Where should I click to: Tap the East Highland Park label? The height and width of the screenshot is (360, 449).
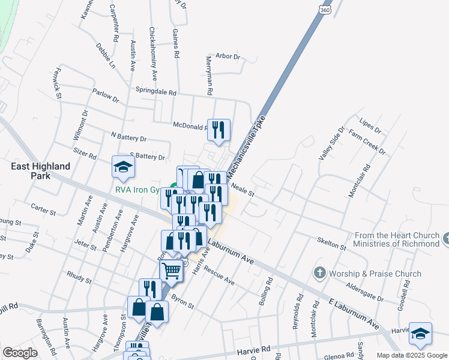click(x=43, y=171)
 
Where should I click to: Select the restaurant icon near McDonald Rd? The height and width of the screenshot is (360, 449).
click(x=217, y=129)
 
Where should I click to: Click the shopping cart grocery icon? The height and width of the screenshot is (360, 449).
click(x=172, y=271)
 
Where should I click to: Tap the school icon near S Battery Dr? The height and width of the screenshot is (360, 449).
click(x=123, y=167)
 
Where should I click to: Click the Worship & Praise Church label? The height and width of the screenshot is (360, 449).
click(x=376, y=274)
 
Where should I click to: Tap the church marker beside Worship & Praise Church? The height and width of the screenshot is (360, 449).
click(x=319, y=274)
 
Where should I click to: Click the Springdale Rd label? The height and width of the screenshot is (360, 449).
click(x=156, y=93)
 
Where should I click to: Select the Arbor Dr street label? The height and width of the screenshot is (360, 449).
click(x=228, y=56)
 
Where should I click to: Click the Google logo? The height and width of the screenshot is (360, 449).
click(x=19, y=352)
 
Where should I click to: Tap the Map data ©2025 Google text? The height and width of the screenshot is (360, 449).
click(x=411, y=355)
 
